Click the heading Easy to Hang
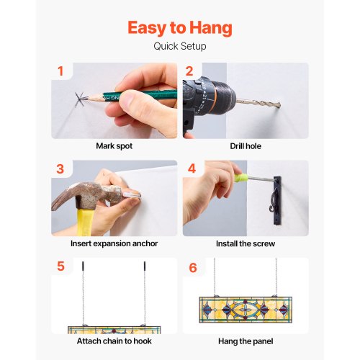pyautogui.click(x=180, y=28)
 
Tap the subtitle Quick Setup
pyautogui.click(x=180, y=46)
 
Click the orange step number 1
pyautogui.click(x=60, y=71)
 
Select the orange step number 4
pyautogui.click(x=192, y=168)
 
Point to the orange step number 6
pyautogui.click(x=193, y=268)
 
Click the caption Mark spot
pyautogui.click(x=114, y=146)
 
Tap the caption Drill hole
pyautogui.click(x=246, y=146)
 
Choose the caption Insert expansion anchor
pyautogui.click(x=114, y=243)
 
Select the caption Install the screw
pyautogui.click(x=246, y=243)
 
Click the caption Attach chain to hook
pyautogui.click(x=114, y=341)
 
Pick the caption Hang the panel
pyautogui.click(x=246, y=341)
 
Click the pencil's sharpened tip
pyautogui.click(x=83, y=99)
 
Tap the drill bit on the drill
pyautogui.click(x=258, y=104)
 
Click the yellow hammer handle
pyautogui.click(x=84, y=222)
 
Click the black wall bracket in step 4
pyautogui.click(x=277, y=201)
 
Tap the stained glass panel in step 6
pyautogui.click(x=246, y=310)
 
